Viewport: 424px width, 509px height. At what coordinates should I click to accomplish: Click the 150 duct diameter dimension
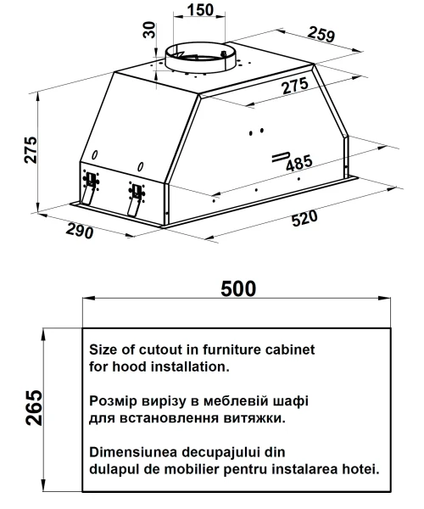200,9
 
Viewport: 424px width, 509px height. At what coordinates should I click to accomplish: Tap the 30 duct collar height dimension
149,30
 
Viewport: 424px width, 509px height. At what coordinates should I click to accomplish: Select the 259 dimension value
321,34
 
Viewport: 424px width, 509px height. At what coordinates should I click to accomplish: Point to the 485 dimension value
299,163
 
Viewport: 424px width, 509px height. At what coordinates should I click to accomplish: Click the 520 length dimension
304,219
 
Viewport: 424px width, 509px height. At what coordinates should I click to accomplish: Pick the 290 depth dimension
80,231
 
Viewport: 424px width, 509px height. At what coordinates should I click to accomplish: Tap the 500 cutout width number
238,288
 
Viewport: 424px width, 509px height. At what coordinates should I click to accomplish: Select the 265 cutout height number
34,407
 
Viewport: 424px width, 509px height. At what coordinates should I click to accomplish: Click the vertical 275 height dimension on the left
31,149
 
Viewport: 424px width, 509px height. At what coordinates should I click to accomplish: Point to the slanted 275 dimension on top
295,86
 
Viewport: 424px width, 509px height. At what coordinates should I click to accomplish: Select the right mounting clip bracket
136,198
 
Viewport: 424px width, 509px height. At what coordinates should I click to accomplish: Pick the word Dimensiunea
133,452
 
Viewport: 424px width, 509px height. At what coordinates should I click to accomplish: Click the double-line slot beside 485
281,157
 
